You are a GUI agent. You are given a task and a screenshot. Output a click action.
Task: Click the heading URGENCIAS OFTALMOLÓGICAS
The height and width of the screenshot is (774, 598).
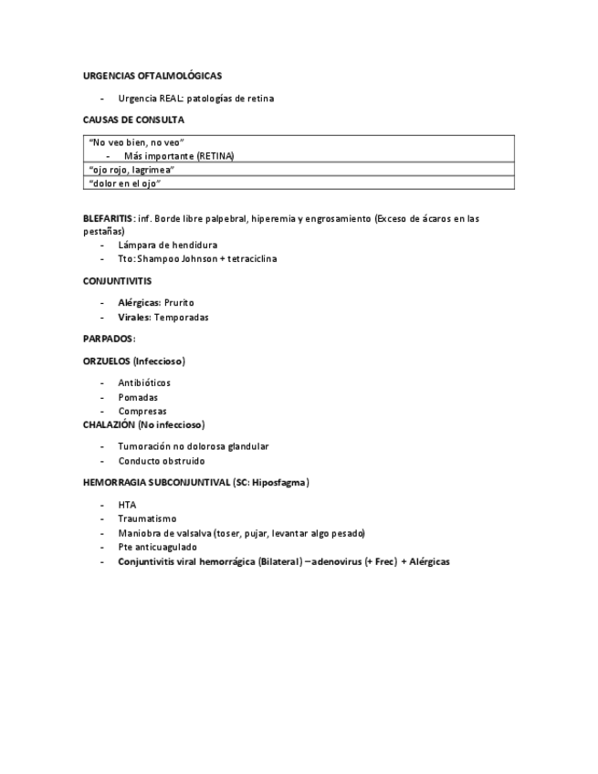click(152, 76)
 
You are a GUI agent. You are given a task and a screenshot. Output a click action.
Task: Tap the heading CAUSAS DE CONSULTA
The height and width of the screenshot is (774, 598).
click(133, 120)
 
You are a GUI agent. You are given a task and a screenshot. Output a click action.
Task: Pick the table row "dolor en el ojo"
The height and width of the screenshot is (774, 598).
click(125, 183)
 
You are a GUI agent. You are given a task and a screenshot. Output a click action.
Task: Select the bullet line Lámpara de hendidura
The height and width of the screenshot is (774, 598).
click(167, 245)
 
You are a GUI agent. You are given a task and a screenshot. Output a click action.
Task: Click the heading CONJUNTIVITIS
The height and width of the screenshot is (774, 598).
click(117, 281)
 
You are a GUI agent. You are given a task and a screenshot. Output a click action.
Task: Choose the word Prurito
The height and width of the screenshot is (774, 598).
click(179, 302)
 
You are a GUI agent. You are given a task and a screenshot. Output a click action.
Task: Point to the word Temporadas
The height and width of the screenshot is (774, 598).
click(181, 317)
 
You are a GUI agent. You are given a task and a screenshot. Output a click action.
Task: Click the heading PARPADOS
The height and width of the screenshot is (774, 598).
click(108, 339)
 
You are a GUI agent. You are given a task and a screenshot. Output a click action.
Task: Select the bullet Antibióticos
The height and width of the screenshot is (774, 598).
click(144, 382)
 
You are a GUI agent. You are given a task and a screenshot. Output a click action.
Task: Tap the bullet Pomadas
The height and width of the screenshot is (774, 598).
click(138, 397)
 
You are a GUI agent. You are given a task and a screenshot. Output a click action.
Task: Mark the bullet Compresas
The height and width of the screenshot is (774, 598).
click(142, 411)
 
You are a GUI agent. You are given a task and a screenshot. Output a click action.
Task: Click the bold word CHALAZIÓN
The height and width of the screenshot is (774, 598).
click(109, 424)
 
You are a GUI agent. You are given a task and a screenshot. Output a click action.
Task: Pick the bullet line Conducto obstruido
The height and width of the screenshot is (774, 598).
click(162, 461)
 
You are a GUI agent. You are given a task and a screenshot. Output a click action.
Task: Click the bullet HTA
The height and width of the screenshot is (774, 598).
click(127, 504)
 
